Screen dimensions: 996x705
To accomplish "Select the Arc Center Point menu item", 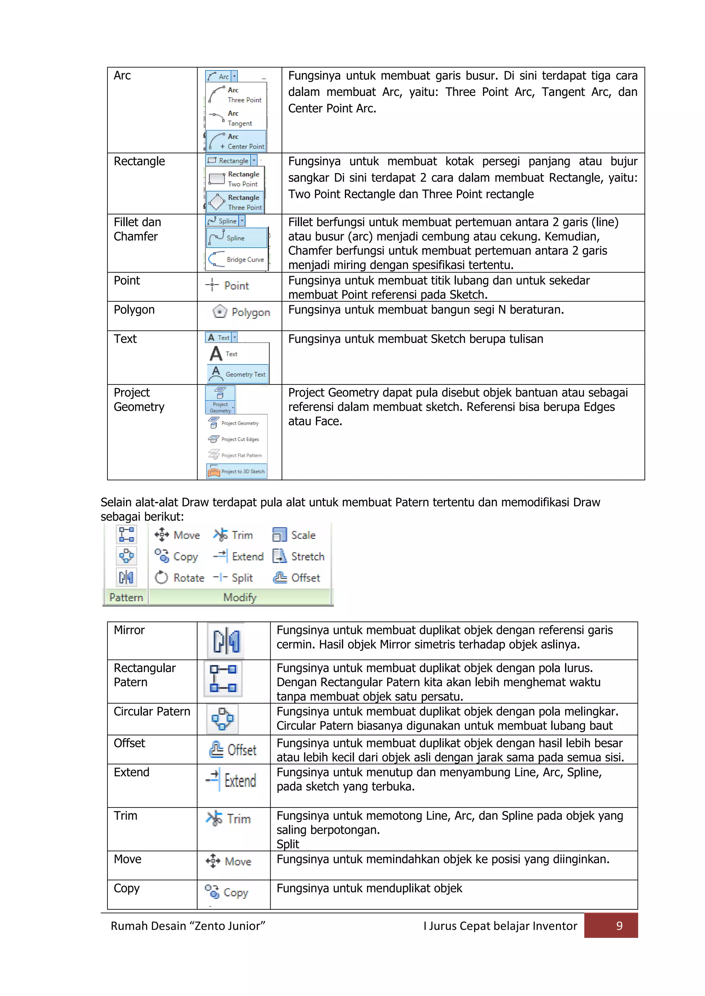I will [236, 141].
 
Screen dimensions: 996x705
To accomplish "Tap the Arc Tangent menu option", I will [236, 118].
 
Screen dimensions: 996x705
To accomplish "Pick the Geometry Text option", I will [238, 374].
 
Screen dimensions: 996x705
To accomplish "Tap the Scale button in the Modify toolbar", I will [294, 535].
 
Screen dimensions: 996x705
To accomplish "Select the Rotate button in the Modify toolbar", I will [179, 578].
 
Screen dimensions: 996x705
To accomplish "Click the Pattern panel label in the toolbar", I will [126, 597].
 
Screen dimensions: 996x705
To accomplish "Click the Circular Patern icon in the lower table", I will [222, 719].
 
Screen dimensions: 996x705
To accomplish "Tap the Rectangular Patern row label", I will [144, 675].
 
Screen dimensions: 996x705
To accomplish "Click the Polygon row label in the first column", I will [134, 310].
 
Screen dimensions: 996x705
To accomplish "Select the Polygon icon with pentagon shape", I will [220, 312].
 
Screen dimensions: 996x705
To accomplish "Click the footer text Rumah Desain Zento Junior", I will [188, 926].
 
